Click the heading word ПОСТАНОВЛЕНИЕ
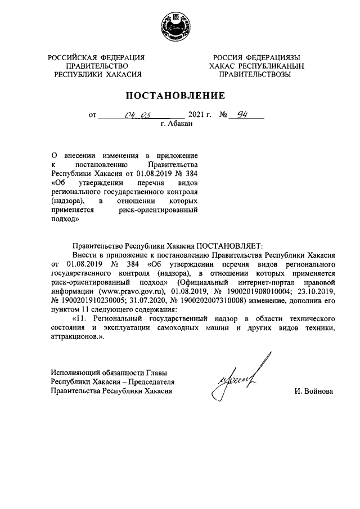(x=179, y=95)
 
